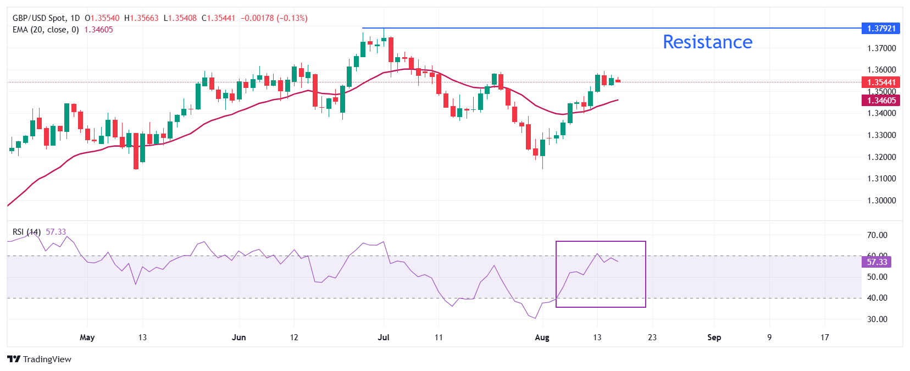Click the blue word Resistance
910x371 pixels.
pos(707,42)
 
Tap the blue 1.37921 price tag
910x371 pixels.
pos(881,28)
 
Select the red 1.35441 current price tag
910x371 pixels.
pos(881,82)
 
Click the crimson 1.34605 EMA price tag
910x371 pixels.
pos(881,100)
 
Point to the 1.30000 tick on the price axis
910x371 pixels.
pos(881,201)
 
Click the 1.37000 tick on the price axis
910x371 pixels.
pos(881,48)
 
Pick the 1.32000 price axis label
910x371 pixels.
pos(881,157)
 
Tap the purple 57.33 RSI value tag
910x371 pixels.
pos(876,262)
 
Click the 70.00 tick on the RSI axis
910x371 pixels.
pos(877,235)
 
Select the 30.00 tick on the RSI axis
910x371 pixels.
pos(877,319)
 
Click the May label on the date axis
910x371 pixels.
pos(87,337)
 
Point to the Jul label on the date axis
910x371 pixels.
pos(384,337)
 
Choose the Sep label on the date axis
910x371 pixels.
pos(714,337)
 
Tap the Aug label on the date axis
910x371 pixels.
pos(542,337)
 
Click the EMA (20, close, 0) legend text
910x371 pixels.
pos(46,30)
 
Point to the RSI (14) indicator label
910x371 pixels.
pos(26,232)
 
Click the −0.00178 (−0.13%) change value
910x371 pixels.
pos(274,18)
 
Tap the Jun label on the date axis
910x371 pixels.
pos(238,337)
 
